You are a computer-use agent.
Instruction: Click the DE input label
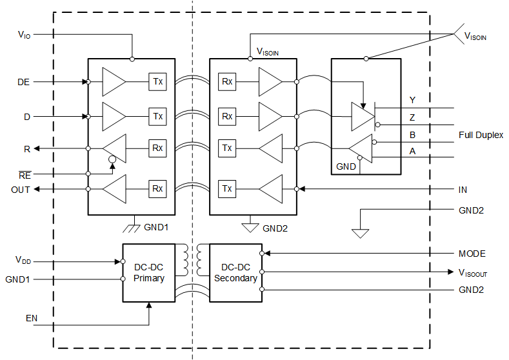[23, 83]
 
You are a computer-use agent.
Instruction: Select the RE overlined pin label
[23, 174]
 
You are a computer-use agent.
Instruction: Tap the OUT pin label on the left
[20, 189]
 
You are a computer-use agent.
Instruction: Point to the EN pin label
[32, 318]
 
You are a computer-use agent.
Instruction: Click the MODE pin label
[472, 254]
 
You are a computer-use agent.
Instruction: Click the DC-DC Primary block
[149, 272]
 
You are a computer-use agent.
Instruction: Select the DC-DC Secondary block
[235, 272]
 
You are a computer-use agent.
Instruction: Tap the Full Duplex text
[481, 135]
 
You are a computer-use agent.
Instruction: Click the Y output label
[412, 100]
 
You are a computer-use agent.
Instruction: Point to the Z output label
[412, 117]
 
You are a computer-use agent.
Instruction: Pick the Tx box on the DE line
[157, 82]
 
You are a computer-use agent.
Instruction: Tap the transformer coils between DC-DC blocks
[192, 259]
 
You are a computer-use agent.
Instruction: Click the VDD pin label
[23, 260]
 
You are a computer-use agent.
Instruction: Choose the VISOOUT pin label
[472, 272]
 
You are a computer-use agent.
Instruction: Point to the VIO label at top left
[23, 35]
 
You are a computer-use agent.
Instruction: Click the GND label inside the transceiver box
[346, 166]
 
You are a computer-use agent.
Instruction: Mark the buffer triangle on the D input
[115, 117]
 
